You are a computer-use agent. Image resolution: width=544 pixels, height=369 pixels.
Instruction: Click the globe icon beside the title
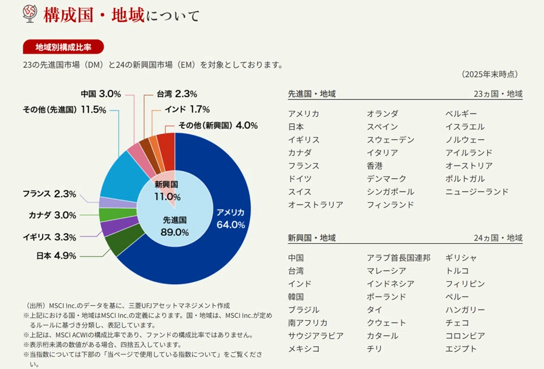[30, 14]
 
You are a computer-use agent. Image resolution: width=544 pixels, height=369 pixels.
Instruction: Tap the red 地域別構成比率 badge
[63, 47]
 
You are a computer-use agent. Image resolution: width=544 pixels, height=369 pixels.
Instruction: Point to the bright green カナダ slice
[116, 214]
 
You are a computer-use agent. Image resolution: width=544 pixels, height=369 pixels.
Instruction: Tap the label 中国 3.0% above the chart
[101, 94]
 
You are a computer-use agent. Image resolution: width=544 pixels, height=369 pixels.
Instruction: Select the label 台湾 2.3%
[177, 94]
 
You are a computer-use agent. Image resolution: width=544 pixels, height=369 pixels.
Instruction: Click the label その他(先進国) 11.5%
[65, 109]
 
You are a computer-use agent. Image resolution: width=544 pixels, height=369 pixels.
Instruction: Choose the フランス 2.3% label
[49, 194]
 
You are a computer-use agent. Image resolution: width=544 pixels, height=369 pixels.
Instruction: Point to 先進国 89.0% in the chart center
[175, 226]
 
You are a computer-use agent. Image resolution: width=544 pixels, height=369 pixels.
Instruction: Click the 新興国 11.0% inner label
[167, 190]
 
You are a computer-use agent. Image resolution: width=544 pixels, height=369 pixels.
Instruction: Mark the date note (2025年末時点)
[490, 74]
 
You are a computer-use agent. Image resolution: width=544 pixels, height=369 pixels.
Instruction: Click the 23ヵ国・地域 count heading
[498, 94]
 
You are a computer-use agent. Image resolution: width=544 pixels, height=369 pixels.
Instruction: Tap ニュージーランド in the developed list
[477, 191]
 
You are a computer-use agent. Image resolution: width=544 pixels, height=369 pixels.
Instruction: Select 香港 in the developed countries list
[375, 165]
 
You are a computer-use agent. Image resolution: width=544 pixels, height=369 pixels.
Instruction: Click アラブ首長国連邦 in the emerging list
[399, 258]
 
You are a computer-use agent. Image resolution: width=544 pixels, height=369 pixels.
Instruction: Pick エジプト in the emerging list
[461, 349]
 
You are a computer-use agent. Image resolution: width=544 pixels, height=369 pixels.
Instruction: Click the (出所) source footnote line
[127, 306]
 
